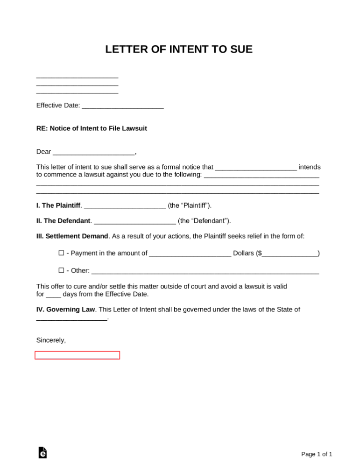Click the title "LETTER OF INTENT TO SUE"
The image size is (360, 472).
(179, 49)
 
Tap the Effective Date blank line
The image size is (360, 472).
(122, 106)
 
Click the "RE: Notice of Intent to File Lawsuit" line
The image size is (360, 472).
(92, 128)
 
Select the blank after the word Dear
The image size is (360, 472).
(94, 152)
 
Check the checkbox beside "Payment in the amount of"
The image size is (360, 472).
(61, 253)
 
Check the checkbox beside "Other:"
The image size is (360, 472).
(61, 270)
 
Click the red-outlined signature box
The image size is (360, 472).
(77, 355)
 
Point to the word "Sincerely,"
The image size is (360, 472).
(51, 340)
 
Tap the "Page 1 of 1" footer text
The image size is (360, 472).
(317, 454)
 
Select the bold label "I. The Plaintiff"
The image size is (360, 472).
(58, 205)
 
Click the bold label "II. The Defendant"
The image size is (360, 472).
(63, 221)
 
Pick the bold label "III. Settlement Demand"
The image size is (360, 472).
(72, 236)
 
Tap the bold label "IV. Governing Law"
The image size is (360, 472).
(66, 309)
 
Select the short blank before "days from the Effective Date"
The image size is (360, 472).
(54, 295)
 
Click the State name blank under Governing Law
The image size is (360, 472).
(71, 318)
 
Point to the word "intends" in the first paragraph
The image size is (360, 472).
(310, 167)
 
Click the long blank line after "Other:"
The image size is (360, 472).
(205, 271)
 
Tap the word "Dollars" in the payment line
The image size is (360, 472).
(243, 253)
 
